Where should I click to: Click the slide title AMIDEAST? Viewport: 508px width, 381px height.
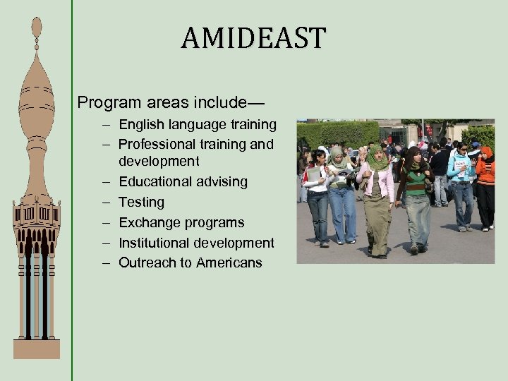(253, 38)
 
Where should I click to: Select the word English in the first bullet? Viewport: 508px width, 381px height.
(142, 125)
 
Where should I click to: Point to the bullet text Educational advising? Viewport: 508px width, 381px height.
(183, 182)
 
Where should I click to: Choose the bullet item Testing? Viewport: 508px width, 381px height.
(141, 202)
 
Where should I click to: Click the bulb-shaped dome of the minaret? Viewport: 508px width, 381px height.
(37, 99)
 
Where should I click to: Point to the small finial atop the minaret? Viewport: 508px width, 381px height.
(37, 28)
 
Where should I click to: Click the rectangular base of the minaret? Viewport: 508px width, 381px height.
(37, 349)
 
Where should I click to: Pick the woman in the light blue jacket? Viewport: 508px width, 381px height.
(461, 183)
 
